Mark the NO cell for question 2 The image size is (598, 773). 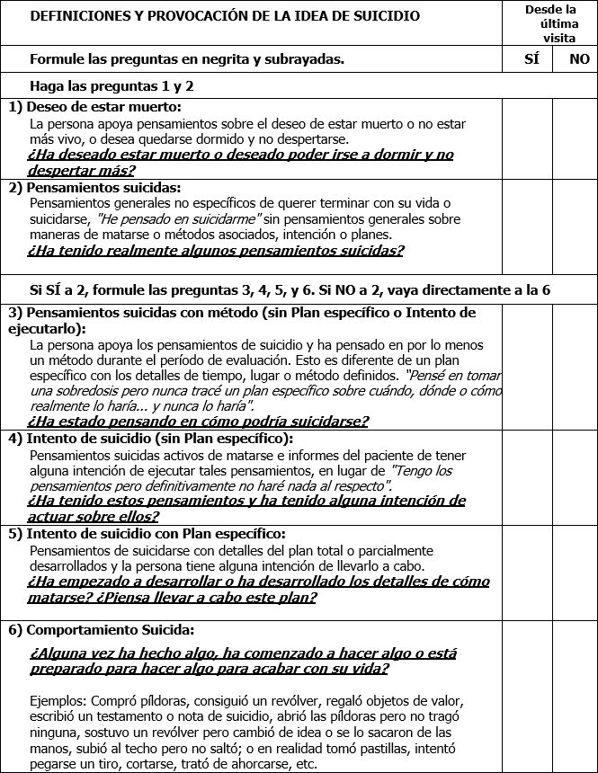click(x=575, y=227)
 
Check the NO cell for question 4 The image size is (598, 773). click(x=575, y=477)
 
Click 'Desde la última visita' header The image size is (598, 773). click(x=551, y=22)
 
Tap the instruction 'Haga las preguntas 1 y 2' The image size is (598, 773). click(x=112, y=86)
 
